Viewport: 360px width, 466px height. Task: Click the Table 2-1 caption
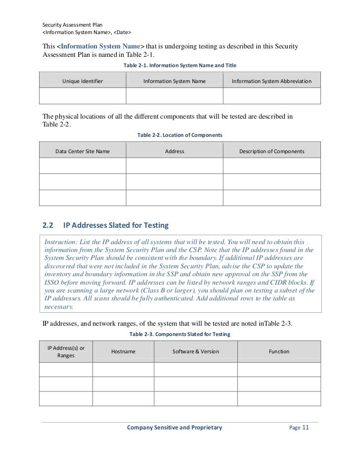coord(180,65)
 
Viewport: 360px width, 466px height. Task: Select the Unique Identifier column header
coord(83,81)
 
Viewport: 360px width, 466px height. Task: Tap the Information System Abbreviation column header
coord(271,81)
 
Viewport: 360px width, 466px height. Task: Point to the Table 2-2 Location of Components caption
coord(180,135)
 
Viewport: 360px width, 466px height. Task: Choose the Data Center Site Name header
coord(83,151)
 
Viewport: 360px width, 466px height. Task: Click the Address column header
coord(175,151)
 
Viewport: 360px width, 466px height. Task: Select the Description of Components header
coord(271,151)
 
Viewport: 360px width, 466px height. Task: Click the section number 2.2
coord(48,226)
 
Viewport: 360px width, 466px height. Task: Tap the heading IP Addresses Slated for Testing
coord(116,226)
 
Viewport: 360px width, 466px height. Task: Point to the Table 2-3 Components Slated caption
coord(180,335)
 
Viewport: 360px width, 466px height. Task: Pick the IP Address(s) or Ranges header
coord(66,351)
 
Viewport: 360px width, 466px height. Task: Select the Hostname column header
coord(124,351)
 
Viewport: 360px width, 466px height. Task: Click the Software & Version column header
coord(196,351)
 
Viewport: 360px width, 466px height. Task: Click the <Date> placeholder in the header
coord(121,32)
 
